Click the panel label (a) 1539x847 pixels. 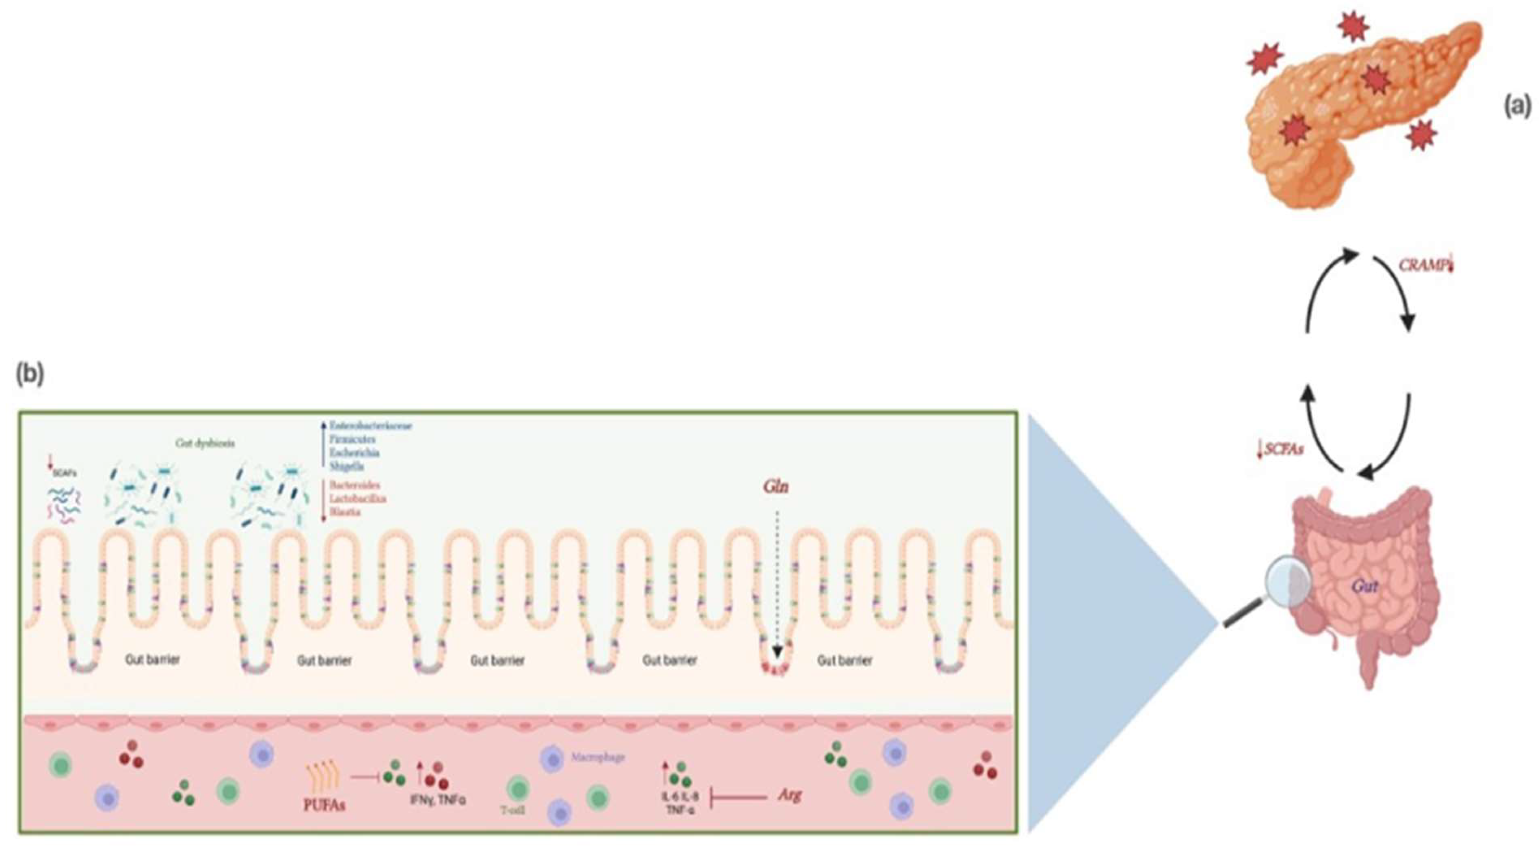click(x=1516, y=107)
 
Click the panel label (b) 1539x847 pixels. click(x=29, y=375)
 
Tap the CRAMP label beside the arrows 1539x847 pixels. click(x=1423, y=265)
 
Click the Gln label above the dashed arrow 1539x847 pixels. click(x=776, y=487)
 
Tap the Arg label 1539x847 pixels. click(x=789, y=795)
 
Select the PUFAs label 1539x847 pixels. click(x=324, y=805)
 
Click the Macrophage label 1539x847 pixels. click(x=597, y=757)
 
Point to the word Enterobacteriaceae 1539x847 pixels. click(x=370, y=426)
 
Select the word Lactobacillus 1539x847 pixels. click(x=357, y=498)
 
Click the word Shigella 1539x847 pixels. click(x=346, y=466)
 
